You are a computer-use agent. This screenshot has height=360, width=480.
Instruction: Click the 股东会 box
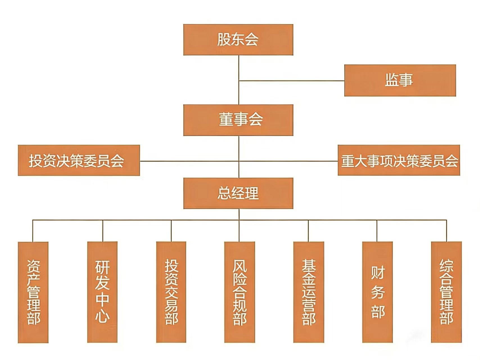pos(238,40)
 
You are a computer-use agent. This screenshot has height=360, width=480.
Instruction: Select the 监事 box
pos(400,81)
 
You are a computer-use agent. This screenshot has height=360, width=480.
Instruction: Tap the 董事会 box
pos(238,120)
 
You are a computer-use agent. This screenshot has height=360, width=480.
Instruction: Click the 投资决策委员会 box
pos(79,160)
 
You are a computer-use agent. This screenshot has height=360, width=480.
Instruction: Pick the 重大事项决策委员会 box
pos(399,160)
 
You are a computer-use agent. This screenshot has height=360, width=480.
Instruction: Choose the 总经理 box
pos(238,193)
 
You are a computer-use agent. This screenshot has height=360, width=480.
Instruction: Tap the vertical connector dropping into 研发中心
pos(103,231)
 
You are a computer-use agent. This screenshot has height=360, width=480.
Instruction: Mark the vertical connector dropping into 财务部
pos(377,231)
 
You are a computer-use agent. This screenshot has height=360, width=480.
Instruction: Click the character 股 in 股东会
pos(224,39)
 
